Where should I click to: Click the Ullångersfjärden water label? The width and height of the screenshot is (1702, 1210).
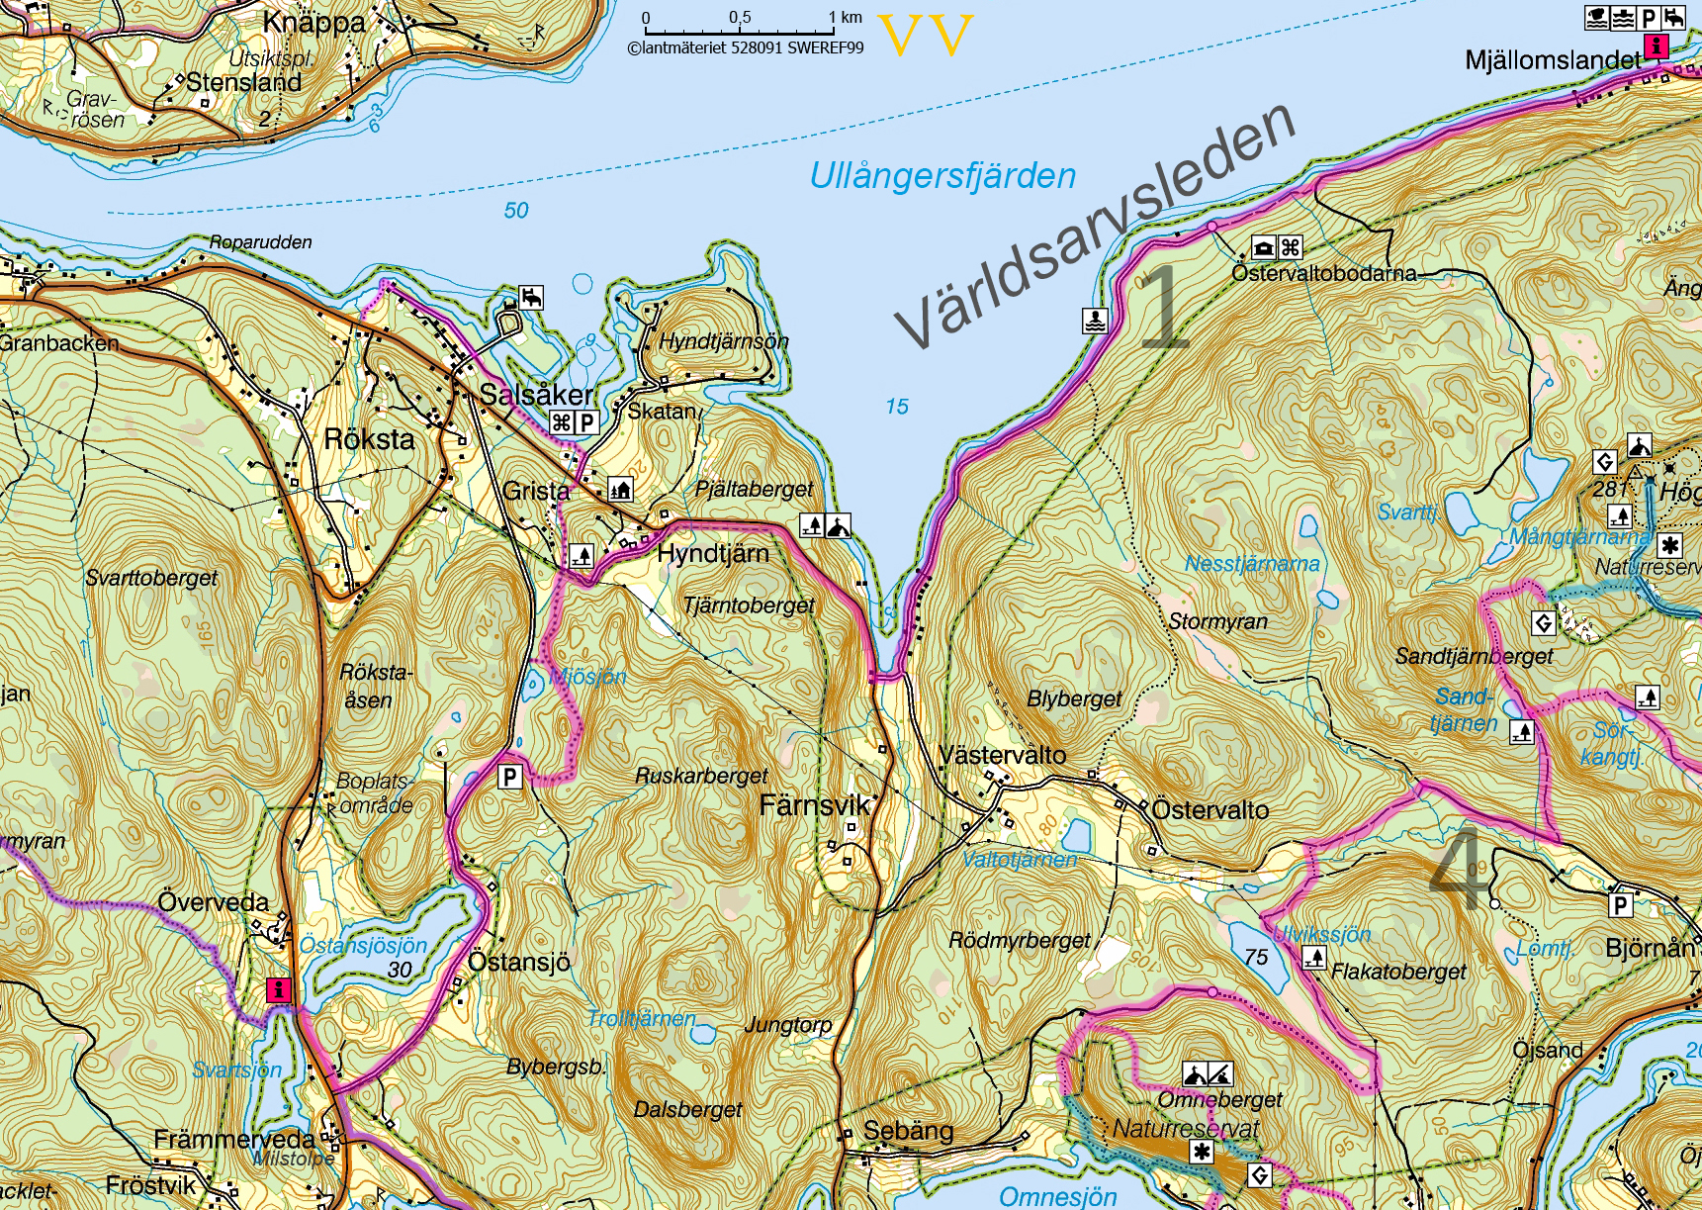[x=941, y=176]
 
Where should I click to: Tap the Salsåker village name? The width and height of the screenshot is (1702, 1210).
[x=536, y=395]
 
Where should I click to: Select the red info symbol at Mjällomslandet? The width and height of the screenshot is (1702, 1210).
[x=1656, y=46]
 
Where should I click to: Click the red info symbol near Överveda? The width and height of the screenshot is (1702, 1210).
[x=279, y=989]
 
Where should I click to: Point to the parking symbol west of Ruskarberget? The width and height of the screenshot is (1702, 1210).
[x=509, y=777]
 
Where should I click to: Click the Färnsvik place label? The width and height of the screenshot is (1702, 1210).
[x=814, y=805]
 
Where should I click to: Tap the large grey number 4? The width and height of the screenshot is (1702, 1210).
[x=1458, y=871]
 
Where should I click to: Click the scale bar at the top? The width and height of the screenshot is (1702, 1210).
[x=739, y=31]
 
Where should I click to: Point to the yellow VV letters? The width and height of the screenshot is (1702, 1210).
[x=926, y=36]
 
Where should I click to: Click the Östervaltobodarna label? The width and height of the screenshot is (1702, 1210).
[x=1323, y=273]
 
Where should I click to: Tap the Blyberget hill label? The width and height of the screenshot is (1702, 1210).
[x=1074, y=698]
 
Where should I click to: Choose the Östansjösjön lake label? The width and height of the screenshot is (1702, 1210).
[x=363, y=945]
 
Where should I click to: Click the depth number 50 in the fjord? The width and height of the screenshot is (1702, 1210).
[x=516, y=210]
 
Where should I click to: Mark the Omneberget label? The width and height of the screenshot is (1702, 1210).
[x=1219, y=1099]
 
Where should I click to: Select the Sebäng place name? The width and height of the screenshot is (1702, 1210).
[x=908, y=1131]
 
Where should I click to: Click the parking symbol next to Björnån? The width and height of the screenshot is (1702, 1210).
[x=1620, y=904]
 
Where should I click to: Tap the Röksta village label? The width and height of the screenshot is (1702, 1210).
[x=369, y=439]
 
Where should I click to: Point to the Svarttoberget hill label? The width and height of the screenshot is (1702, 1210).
[x=151, y=578]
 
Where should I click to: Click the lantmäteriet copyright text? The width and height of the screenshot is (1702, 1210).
[x=745, y=47]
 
